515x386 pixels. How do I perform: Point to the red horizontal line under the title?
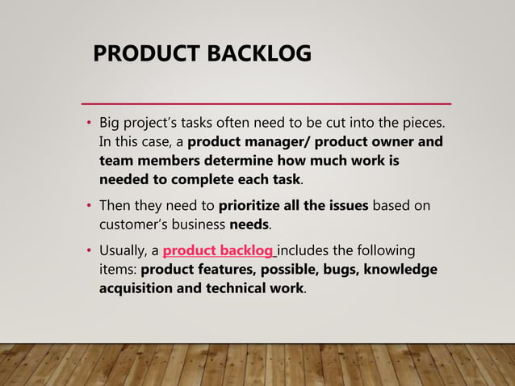267,103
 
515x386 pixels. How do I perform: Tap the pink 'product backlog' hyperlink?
218,251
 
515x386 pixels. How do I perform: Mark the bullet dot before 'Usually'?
90,251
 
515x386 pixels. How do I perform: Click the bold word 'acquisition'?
137,287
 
